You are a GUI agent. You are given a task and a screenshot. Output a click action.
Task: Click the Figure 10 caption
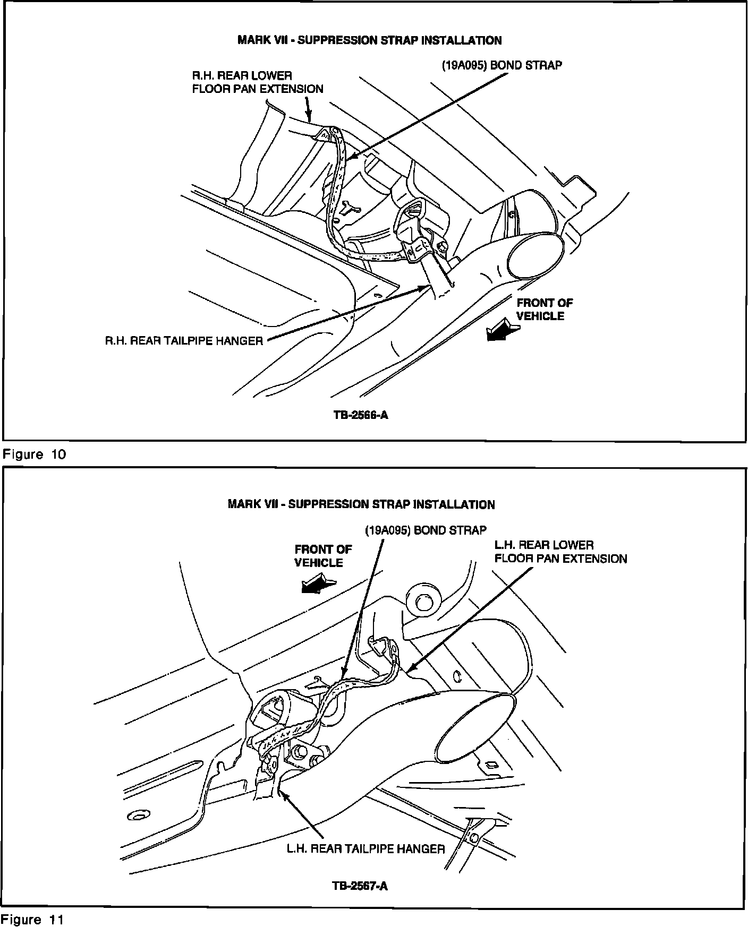[35, 454]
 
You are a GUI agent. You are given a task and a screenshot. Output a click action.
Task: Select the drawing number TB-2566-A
[361, 415]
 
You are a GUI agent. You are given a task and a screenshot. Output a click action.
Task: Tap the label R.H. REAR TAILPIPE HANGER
[184, 341]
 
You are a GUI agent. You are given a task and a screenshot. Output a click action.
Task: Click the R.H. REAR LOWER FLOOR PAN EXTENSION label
[258, 82]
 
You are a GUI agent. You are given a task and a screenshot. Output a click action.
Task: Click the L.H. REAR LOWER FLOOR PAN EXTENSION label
[560, 552]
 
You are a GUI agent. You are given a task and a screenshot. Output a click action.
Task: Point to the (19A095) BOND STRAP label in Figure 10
[501, 65]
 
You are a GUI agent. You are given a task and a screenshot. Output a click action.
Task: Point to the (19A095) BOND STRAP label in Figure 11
[425, 530]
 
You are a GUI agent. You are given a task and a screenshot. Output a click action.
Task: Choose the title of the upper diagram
[369, 40]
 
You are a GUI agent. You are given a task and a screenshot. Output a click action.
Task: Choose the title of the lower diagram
[361, 504]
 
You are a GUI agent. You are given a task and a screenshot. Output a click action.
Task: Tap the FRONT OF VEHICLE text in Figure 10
[544, 310]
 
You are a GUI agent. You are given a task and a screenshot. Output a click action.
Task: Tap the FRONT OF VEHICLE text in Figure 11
[322, 556]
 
